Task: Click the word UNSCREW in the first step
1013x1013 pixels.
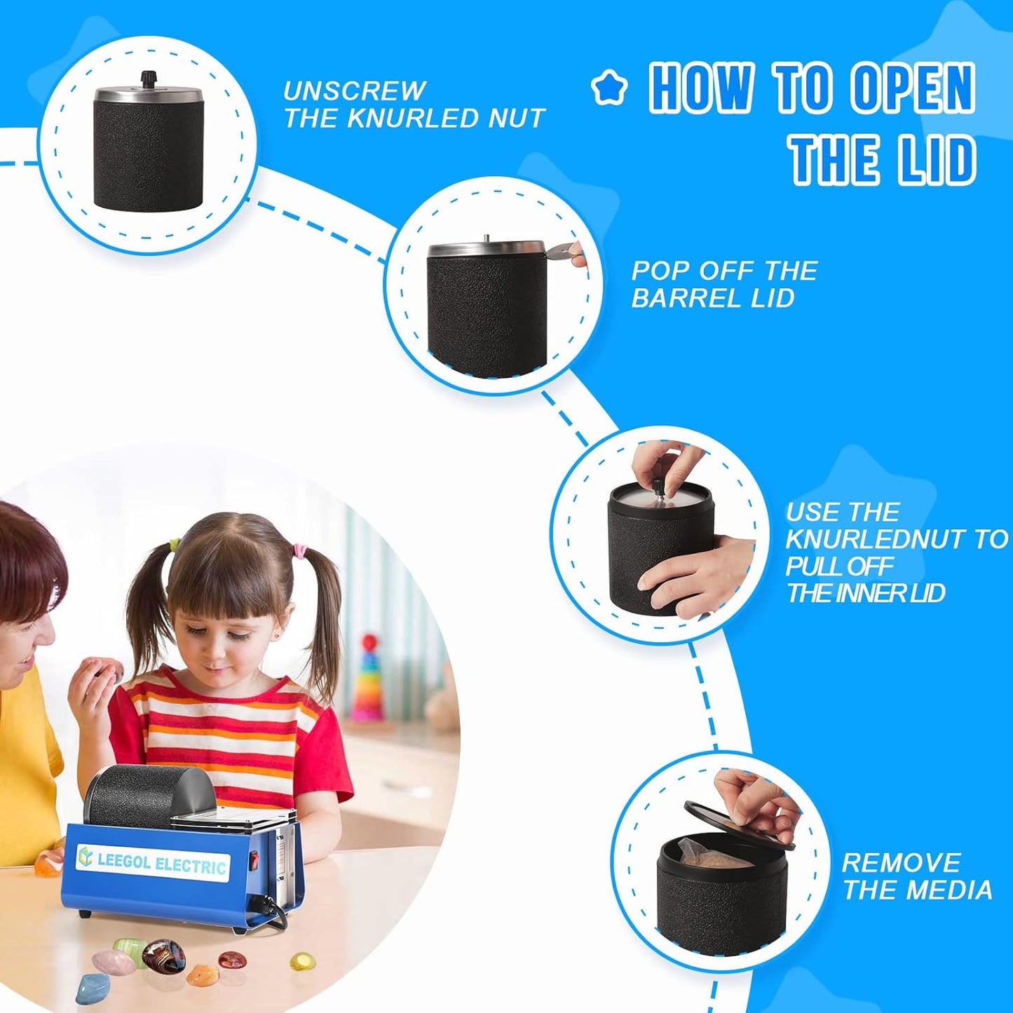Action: click(x=353, y=91)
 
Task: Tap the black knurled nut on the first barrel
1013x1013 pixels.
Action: click(x=148, y=80)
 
